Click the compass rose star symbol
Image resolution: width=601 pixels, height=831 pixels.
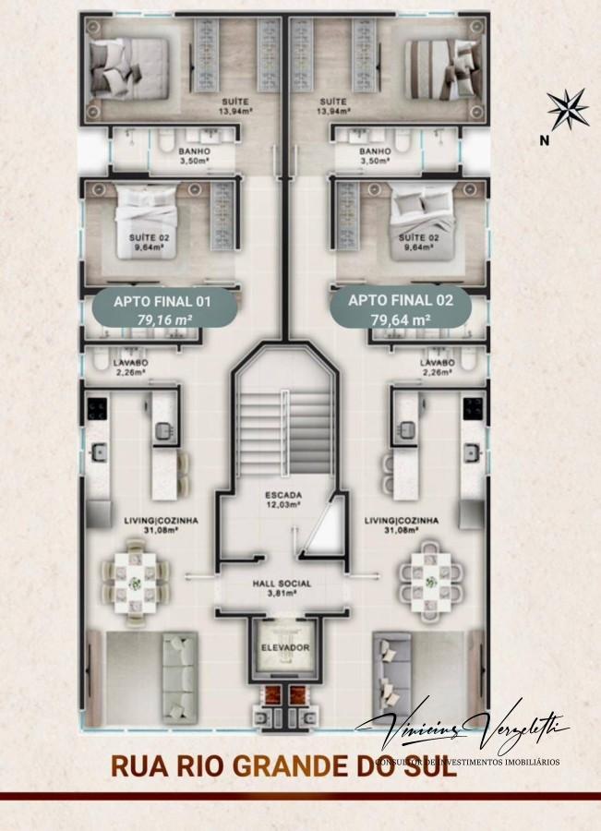(567, 108)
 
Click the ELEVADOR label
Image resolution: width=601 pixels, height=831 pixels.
(282, 647)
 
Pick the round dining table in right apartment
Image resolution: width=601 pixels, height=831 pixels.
(430, 580)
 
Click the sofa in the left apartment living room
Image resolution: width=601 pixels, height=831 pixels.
(179, 670)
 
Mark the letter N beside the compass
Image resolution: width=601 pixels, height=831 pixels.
(545, 140)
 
